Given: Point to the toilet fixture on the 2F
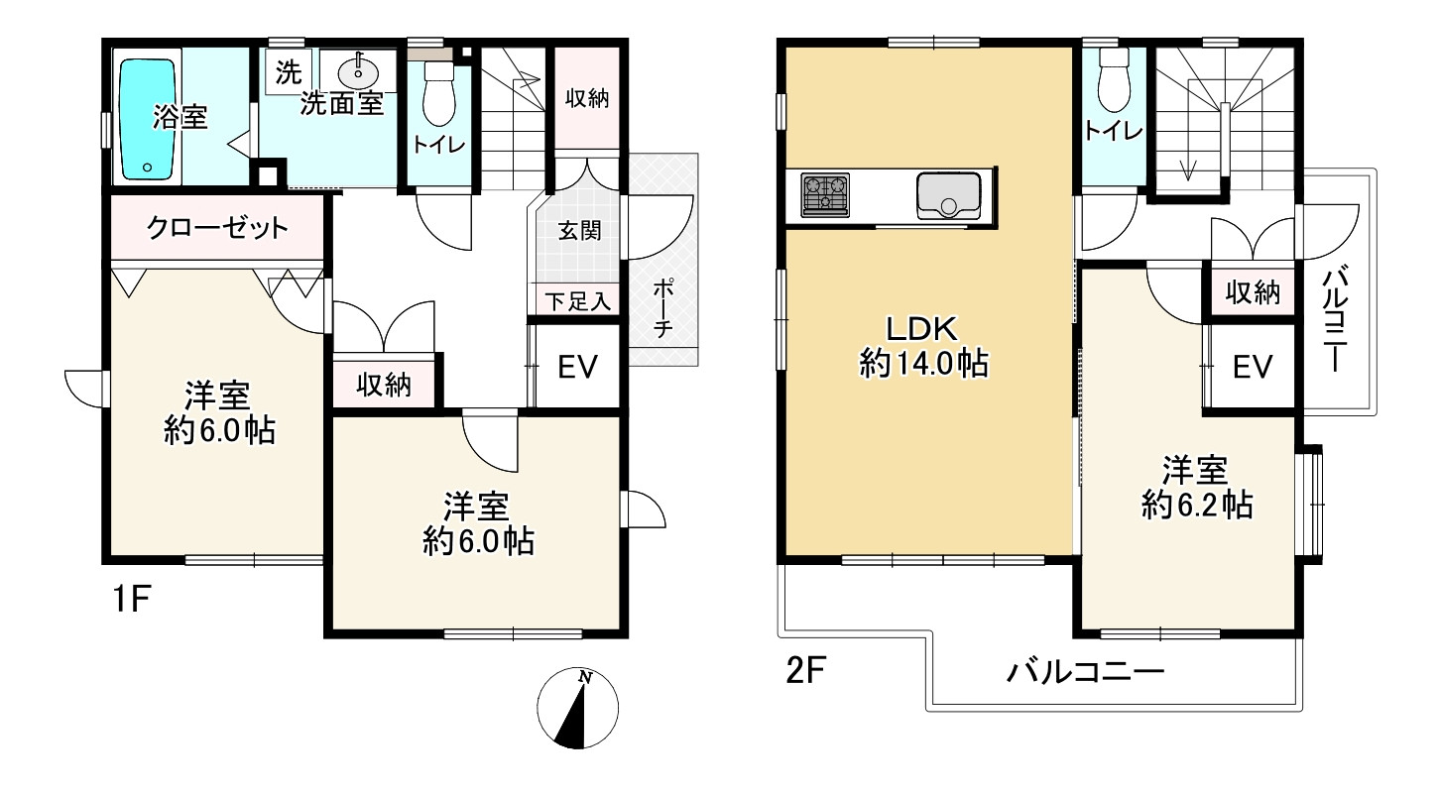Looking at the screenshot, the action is pos(1115,80).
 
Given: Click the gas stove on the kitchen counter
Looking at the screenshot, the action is pos(825,195).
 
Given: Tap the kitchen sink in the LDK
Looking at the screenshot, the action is pos(949,195).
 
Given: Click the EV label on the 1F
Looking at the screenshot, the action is pos(577,367).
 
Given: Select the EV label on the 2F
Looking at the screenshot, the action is pos(1253,367).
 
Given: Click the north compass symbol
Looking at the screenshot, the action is pos(577,708).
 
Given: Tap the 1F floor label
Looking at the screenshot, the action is pos(132,600).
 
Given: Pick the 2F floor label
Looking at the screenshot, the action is pos(805,671).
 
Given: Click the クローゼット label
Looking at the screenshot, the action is pos(218,228).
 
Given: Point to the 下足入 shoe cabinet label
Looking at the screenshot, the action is pos(577,301).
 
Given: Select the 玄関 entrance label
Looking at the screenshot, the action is pos(579,230).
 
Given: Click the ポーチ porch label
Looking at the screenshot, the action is pos(662,308).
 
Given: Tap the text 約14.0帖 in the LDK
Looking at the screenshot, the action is pos(923,365).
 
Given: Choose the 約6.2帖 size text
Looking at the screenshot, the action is pos(1197,506).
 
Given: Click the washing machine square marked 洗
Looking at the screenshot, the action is pos(288,72).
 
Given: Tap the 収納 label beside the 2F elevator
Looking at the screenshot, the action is pos(1253,292).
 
